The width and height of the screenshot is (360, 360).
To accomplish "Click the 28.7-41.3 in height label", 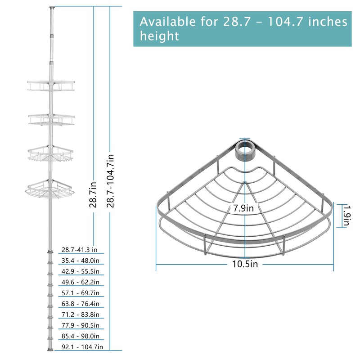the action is [80, 250].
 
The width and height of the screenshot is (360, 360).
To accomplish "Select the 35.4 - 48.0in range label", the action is [81, 261].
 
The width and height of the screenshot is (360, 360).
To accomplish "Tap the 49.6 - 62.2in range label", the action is [81, 282].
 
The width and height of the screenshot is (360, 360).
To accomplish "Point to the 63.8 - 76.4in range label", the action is [81, 303].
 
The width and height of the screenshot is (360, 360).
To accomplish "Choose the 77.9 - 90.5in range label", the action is [81, 325].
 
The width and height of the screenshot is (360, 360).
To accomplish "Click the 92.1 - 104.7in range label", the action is [82, 346].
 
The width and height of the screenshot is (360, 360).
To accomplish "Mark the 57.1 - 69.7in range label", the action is [81, 293].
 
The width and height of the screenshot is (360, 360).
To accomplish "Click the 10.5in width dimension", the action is [245, 264].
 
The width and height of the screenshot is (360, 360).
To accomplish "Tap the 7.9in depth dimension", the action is [243, 208].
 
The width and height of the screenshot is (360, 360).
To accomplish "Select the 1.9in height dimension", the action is [346, 216].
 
